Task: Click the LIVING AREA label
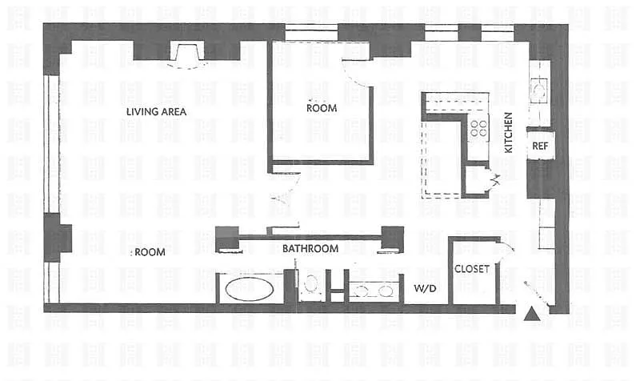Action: (x=156, y=111)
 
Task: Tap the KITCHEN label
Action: (x=508, y=133)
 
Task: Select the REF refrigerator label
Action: (x=540, y=146)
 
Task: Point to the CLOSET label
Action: (x=472, y=269)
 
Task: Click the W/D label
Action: (x=425, y=288)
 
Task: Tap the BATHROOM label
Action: (x=310, y=248)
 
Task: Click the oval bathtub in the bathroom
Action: (x=249, y=289)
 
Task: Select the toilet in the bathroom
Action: (x=311, y=285)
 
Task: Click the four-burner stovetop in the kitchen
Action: (x=478, y=127)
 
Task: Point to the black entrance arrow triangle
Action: (x=532, y=314)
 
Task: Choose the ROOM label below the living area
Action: (x=150, y=252)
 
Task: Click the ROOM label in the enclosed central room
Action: (x=322, y=108)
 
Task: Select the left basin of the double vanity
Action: (x=361, y=291)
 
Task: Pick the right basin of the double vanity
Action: (x=386, y=291)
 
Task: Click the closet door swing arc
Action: (x=507, y=247)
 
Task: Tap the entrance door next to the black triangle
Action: (x=538, y=293)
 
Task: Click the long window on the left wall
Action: (x=52, y=144)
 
